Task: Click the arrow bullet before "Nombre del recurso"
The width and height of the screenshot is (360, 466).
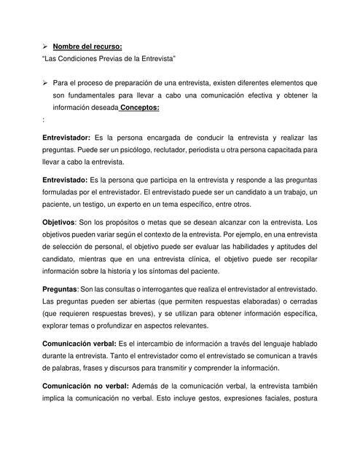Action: click(x=44, y=45)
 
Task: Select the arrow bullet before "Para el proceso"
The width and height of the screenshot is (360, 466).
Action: click(x=44, y=82)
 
